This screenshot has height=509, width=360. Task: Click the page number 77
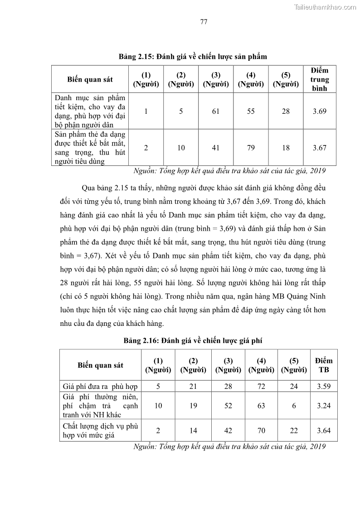(x=204, y=22)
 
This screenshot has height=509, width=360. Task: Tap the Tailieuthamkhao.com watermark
(x=325, y=7)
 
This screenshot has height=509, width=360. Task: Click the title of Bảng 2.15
(x=193, y=57)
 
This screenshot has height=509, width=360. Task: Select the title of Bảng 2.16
(x=193, y=340)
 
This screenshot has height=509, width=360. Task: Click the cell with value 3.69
(x=319, y=111)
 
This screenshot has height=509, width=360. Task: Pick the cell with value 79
(x=251, y=147)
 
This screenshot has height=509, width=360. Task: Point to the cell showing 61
(x=216, y=111)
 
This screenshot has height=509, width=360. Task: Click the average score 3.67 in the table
(x=319, y=147)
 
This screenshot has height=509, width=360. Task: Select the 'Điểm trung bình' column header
(x=319, y=79)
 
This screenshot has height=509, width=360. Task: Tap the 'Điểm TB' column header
(x=323, y=365)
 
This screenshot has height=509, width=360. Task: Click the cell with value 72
(x=261, y=387)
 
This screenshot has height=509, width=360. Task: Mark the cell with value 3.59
(x=323, y=387)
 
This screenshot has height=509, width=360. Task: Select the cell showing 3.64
(x=323, y=431)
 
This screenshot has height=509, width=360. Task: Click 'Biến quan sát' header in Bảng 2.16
(x=100, y=365)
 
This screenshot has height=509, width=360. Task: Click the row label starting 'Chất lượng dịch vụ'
(x=100, y=431)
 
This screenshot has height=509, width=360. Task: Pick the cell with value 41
(x=216, y=147)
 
